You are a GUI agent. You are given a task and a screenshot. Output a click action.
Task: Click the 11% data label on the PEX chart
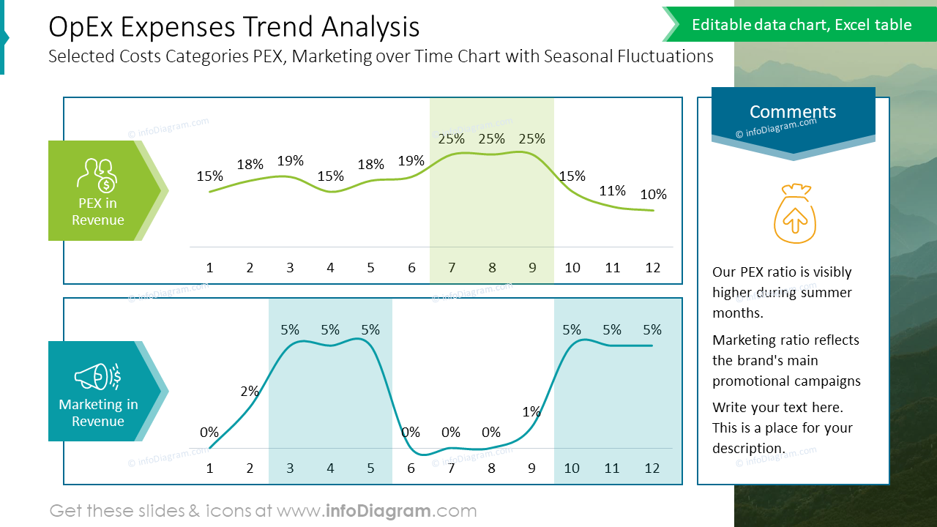coord(612,191)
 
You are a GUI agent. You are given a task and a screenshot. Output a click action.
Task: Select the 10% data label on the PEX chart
coord(653,195)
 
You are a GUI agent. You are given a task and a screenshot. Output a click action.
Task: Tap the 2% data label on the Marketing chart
coord(250,392)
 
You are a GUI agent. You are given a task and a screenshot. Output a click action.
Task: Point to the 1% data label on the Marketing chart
coord(531,412)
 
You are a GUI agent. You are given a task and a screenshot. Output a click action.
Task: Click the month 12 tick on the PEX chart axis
coord(653,268)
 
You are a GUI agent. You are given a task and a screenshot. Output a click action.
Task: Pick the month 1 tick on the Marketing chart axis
coord(209,468)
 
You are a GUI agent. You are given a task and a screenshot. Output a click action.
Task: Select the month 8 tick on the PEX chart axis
coord(492,268)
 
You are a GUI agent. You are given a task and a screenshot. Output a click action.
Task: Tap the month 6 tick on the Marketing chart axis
coord(411,468)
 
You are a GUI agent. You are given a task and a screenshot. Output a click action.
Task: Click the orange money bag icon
coord(794,214)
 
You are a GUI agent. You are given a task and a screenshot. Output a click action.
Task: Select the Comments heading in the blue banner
coord(793,112)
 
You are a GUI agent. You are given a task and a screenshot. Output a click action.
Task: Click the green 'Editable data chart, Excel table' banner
coord(802,25)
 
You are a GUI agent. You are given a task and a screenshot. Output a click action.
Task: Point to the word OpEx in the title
coord(81,27)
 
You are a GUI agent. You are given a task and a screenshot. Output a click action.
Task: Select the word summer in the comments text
coord(824,293)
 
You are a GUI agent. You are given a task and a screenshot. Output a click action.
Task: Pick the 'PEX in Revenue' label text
coord(98,212)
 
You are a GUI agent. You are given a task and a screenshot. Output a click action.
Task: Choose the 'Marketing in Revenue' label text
coord(98,413)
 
